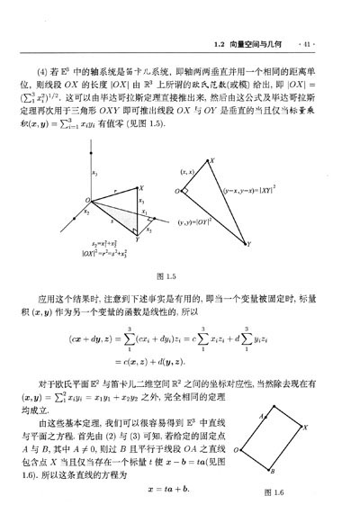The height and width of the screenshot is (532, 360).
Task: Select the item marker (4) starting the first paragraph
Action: coord(68,68)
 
